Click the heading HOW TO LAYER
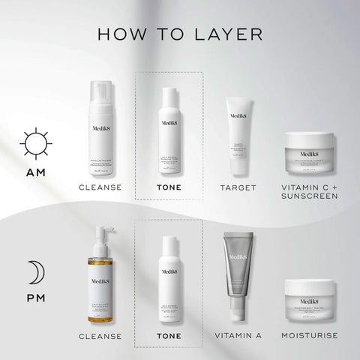(179, 34)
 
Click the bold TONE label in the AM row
(168, 187)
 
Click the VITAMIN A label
(237, 335)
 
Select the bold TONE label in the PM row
(168, 336)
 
